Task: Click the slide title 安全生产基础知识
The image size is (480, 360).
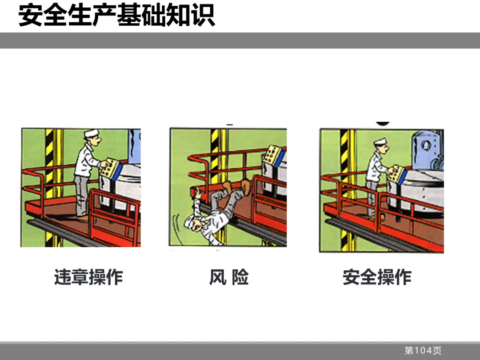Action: (x=116, y=15)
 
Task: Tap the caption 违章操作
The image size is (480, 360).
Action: (x=89, y=277)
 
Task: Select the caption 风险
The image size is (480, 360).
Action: (x=229, y=277)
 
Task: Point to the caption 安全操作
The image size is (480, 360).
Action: (x=377, y=277)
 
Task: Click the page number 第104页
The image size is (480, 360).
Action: (x=423, y=350)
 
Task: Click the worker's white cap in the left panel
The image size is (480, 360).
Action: (x=92, y=133)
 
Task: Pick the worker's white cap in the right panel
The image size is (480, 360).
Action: (x=380, y=142)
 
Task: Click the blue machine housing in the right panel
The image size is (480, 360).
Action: (x=426, y=151)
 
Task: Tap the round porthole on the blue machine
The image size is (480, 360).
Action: (x=426, y=145)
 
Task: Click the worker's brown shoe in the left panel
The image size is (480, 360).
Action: (x=83, y=219)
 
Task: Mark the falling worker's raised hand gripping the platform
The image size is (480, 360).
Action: (x=198, y=193)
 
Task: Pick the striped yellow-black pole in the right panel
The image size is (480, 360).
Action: (x=345, y=190)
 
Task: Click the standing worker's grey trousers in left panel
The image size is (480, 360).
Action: (x=81, y=196)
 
